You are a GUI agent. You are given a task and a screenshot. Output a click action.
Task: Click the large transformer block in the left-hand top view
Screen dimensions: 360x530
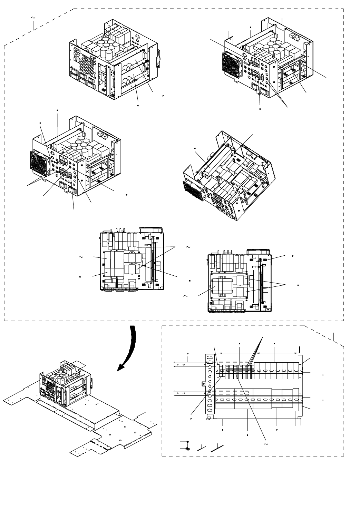114,264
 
